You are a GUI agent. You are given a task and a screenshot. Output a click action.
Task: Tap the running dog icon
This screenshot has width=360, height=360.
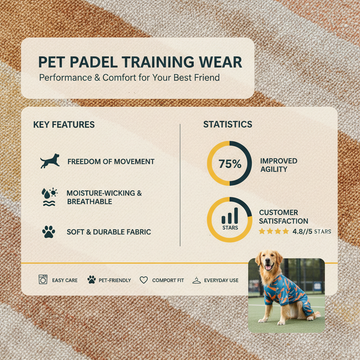point(50,161)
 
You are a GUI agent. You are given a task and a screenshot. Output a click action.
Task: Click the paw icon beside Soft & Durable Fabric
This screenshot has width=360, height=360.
point(49,232)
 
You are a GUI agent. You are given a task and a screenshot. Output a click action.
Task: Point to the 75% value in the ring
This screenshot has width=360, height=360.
point(230,164)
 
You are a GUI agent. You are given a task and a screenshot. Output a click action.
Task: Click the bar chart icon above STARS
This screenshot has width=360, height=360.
point(230,215)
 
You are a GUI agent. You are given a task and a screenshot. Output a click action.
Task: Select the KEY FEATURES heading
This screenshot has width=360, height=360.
point(64,124)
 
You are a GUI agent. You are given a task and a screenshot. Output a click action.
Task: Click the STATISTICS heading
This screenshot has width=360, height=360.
point(227,124)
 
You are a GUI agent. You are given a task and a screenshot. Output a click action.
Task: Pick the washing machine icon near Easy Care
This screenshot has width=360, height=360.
point(43,280)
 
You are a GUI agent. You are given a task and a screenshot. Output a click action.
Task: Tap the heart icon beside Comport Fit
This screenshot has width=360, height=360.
point(143,280)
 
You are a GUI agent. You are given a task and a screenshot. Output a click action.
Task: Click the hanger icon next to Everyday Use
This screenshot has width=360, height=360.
point(197,280)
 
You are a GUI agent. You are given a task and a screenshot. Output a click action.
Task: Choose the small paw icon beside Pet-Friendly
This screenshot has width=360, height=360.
point(91,280)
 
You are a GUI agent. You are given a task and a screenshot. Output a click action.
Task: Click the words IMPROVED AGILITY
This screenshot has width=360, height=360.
point(278,165)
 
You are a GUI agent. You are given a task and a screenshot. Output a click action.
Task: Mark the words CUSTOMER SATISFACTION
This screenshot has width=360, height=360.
point(283,217)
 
